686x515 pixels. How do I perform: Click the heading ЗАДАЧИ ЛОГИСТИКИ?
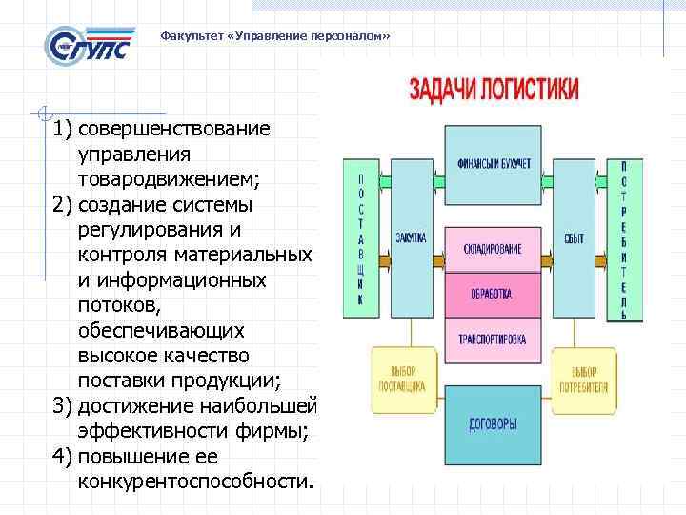tap(494, 91)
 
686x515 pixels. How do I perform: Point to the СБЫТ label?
tap(574, 237)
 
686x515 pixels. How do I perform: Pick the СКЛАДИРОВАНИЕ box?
tap(494, 249)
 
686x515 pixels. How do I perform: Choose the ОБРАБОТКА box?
tap(494, 294)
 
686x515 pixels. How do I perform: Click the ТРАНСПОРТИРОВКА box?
tap(494, 339)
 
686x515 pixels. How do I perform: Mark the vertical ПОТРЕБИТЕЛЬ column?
tap(624, 238)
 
